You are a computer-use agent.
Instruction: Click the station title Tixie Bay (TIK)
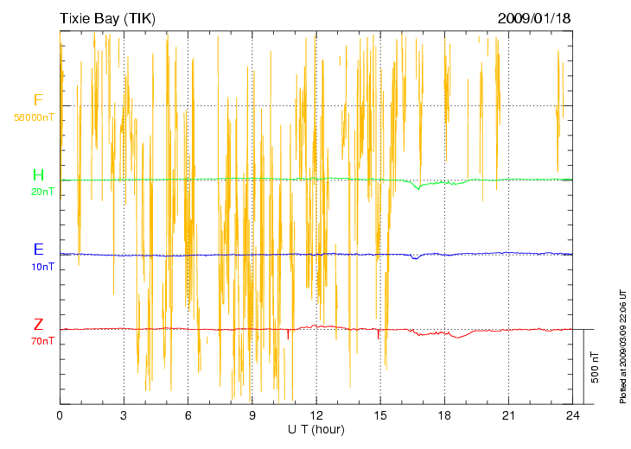[107, 18]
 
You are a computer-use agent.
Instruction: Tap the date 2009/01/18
[534, 18]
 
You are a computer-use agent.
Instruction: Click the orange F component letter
[38, 100]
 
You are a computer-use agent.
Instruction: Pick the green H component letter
[38, 176]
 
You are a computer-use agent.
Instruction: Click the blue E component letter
[38, 250]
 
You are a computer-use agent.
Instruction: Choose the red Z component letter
[38, 325]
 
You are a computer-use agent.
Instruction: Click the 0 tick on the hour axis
[60, 416]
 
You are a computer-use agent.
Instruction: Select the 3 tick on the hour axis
[124, 416]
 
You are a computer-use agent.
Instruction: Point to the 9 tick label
[252, 416]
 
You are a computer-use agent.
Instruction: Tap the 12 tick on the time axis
[316, 416]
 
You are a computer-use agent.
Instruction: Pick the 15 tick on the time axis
[380, 416]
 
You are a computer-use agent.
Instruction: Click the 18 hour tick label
[444, 416]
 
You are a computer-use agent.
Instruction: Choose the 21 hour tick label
[508, 416]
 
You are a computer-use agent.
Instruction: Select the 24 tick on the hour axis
[572, 416]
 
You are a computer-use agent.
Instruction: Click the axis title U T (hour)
[316, 429]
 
